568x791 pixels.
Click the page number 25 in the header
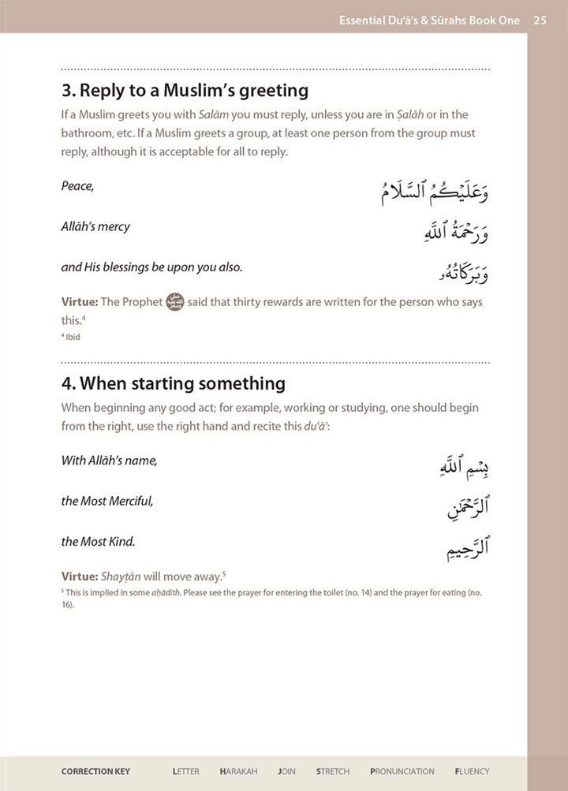540,21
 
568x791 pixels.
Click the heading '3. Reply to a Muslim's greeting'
185,91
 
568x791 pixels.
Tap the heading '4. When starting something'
173,384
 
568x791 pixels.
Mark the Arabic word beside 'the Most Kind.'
467,547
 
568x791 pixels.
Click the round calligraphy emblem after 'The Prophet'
175,302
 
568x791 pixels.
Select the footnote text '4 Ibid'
70,338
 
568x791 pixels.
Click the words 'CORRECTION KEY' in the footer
95,771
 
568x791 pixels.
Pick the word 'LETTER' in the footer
186,771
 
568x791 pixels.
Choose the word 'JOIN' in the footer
288,771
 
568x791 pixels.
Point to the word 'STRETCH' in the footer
334,771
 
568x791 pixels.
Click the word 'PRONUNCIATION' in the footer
402,771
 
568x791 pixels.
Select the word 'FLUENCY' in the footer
472,771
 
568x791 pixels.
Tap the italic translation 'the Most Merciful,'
107,501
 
